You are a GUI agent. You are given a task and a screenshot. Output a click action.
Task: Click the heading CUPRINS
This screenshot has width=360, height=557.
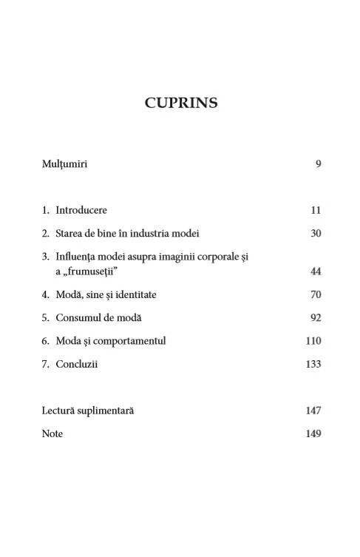[180, 103]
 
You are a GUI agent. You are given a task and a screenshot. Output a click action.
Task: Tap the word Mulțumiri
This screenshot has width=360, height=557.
[64, 164]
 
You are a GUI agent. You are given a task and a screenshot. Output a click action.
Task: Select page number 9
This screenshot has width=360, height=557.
[318, 164]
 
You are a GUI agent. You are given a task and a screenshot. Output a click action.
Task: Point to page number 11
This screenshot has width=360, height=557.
[316, 210]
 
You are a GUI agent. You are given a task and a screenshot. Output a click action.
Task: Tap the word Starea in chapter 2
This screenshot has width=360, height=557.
[70, 234]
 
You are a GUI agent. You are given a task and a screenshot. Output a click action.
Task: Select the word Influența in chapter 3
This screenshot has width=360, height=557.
[77, 257]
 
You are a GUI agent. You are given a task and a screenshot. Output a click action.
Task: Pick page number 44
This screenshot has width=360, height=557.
[316, 272]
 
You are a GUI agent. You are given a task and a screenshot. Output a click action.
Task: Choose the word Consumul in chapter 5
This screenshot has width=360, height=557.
[78, 318]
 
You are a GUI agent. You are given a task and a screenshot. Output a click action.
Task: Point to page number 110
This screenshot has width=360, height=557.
[313, 341]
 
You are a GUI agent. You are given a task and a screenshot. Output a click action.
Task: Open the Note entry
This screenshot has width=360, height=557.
[52, 434]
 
